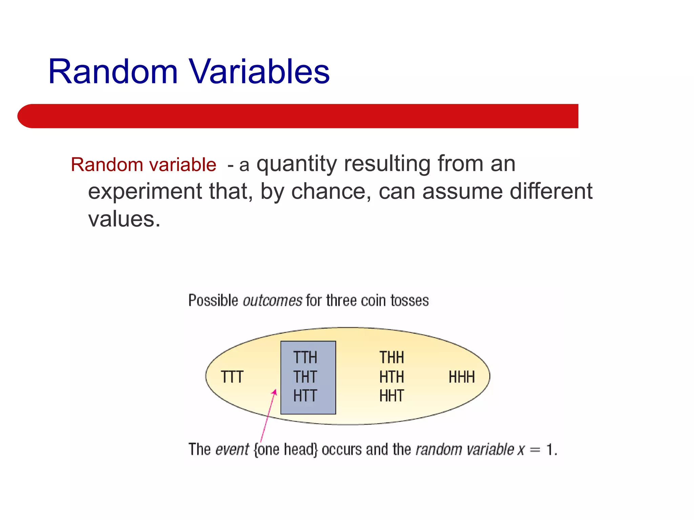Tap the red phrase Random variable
pos(143,165)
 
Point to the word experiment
pos(145,192)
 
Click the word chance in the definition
pos(328,192)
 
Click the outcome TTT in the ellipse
pos(232,377)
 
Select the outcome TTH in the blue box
pos(305,357)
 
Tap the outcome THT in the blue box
pos(305,377)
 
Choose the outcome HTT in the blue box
pos(305,396)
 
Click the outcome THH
pos(391,357)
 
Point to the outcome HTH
pos(391,377)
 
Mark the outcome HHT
pos(391,396)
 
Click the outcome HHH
pos(462,377)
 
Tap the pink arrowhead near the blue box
pos(275,392)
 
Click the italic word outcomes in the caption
pos(272,301)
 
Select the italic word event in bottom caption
pos(232,450)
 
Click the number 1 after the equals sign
pos(550,450)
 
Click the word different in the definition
pos(551,192)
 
